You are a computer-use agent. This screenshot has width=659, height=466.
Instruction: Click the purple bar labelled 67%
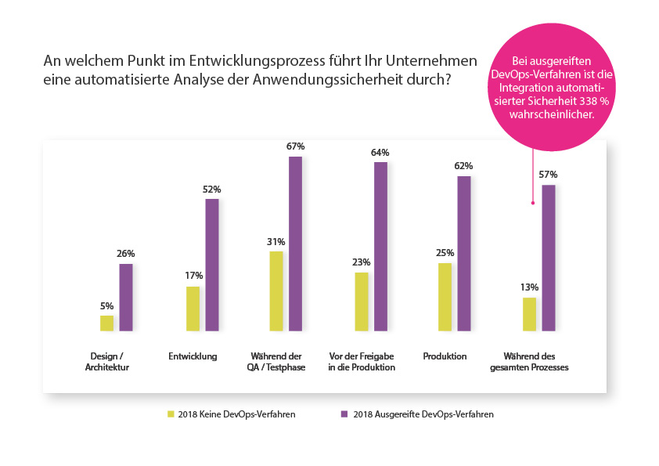[295, 244]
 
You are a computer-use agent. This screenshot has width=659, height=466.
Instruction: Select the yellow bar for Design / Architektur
[106, 323]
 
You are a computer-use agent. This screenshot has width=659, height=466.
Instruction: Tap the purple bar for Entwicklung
[212, 265]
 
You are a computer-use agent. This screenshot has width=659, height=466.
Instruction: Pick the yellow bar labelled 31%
[276, 291]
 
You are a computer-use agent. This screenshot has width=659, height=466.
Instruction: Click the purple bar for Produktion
[464, 253]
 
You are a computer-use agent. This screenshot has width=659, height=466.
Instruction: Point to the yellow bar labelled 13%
[529, 314]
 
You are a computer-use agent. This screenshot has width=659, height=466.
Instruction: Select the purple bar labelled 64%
[380, 246]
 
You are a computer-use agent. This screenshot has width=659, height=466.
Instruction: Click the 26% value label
[126, 254]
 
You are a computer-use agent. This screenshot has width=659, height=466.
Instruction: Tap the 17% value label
[194, 276]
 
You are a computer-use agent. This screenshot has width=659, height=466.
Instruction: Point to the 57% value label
[549, 175]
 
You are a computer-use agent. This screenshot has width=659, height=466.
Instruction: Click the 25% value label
[445, 253]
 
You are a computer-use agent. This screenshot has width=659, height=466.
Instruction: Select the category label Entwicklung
[193, 356]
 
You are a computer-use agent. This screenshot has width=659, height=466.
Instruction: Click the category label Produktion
[445, 356]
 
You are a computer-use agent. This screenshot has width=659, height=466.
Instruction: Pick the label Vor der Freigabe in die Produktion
[361, 362]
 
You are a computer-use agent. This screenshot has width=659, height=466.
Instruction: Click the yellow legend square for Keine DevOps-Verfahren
[169, 414]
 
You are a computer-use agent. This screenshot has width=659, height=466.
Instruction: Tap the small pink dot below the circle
[533, 204]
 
